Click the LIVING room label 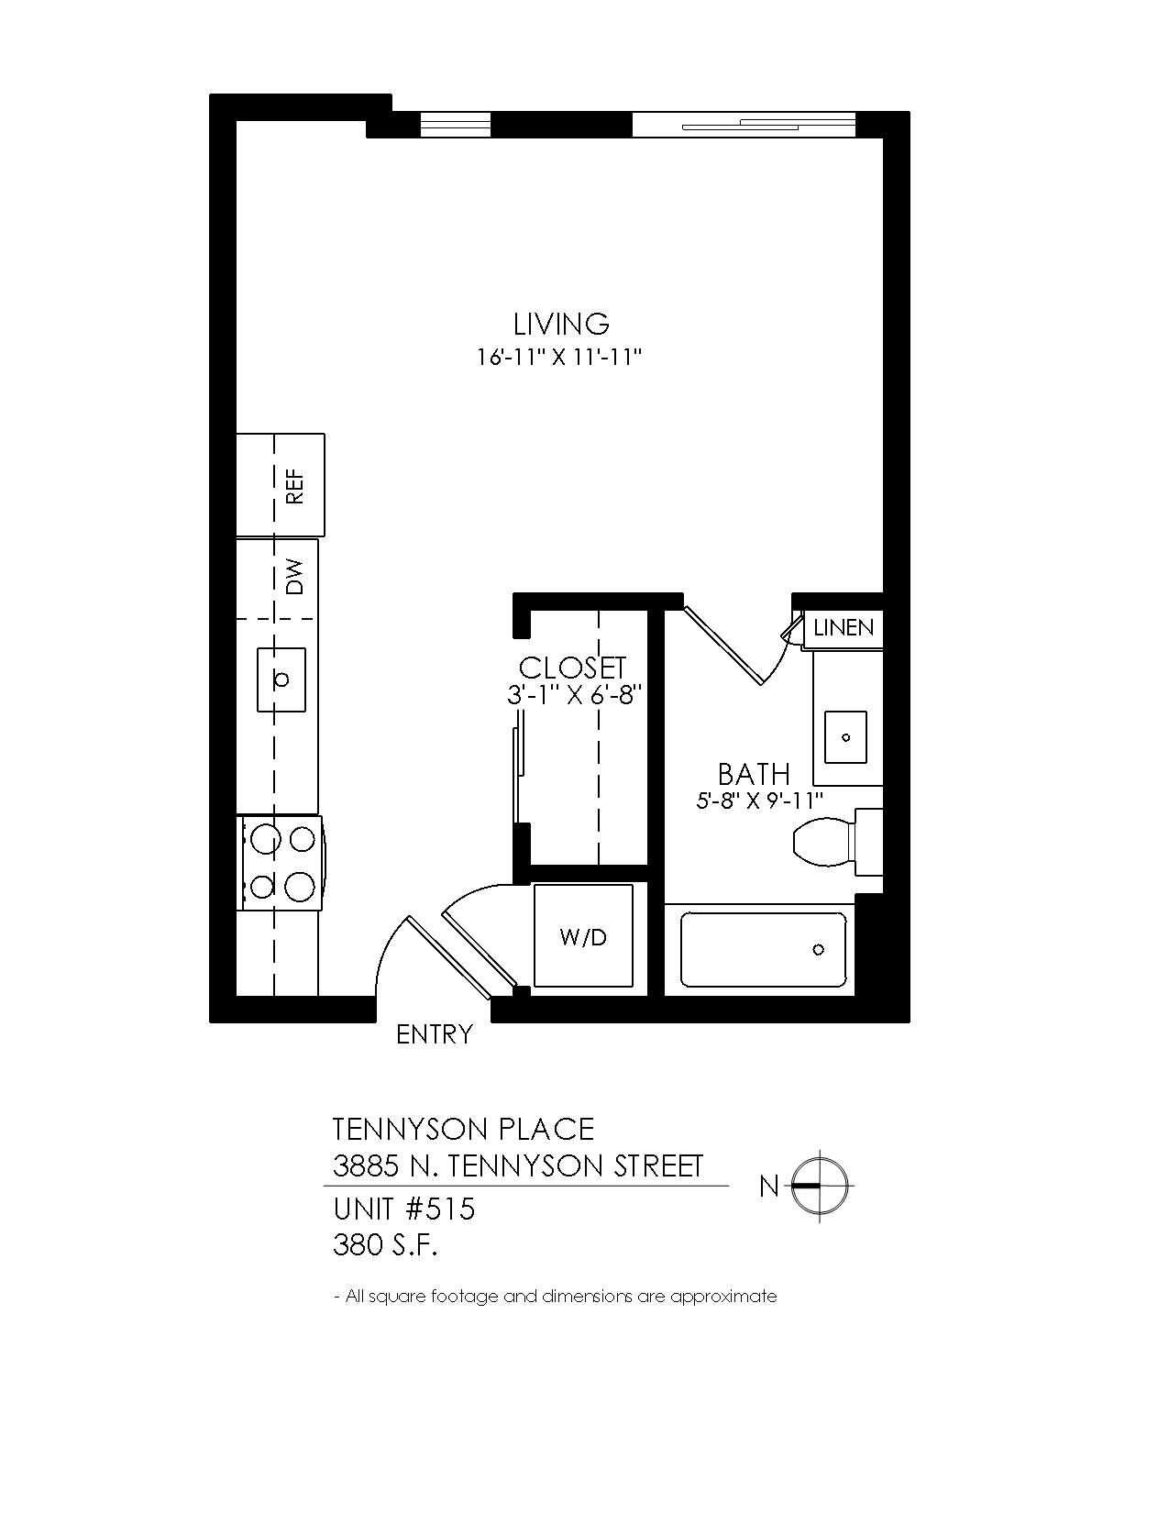561,325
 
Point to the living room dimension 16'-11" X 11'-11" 558,358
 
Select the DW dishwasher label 295,577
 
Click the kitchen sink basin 281,679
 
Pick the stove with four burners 281,864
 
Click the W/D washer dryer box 583,937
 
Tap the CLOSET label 572,668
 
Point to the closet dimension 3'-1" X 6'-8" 573,695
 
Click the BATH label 754,774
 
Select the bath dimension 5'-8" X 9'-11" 759,801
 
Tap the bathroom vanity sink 845,737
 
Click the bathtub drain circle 819,949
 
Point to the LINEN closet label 844,628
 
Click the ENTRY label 435,1034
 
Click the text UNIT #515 403,1209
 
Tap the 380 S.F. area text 385,1245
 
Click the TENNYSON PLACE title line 463,1130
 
